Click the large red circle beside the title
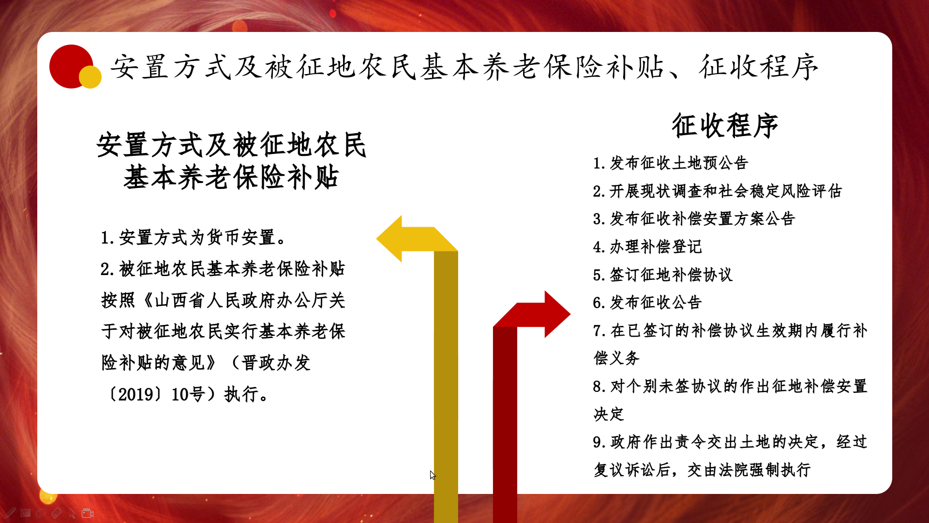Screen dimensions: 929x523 [71, 66]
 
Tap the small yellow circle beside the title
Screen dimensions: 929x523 [90, 77]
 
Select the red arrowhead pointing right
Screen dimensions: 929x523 [556, 314]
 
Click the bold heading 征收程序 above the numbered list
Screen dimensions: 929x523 [725, 125]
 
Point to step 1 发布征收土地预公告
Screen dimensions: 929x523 [671, 163]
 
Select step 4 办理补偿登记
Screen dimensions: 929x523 [647, 247]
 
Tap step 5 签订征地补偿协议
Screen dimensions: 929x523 [663, 275]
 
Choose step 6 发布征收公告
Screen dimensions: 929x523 [647, 303]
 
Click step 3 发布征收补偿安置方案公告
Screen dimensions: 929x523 [694, 219]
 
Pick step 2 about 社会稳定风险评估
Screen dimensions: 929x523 [718, 191]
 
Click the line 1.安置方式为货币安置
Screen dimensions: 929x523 [194, 238]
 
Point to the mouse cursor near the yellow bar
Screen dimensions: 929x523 [433, 475]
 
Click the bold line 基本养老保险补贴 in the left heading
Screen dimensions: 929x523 [231, 177]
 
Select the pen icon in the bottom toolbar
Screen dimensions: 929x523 [10, 513]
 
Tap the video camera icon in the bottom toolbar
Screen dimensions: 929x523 [88, 513]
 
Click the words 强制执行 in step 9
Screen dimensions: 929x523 [780, 470]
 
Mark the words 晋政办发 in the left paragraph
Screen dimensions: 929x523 [276, 363]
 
